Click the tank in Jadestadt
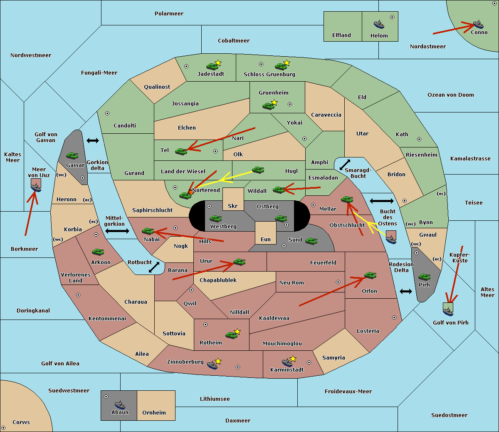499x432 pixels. pos(212,66)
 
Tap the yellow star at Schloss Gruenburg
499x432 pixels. pos(287,63)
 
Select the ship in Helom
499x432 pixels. pos(378,24)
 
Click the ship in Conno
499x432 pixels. pos(478,24)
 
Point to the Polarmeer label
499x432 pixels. pos(169,14)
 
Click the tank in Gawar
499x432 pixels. pos(72,155)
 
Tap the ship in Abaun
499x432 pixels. pos(120,405)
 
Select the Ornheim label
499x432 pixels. pos(154,413)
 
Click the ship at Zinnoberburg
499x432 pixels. pos(212,365)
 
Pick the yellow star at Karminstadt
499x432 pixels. pos(293,358)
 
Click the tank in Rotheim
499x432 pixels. pos(231,335)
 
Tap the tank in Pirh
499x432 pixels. pos(424,277)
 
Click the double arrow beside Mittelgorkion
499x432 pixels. pos(117,231)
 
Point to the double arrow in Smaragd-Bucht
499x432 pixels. pos(345,165)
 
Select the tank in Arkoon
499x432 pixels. pos(98,252)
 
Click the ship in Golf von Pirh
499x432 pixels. pos(448,310)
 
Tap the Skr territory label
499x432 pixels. pos(233,206)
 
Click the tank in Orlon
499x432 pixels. pos(370,275)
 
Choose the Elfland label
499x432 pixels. pos(341,35)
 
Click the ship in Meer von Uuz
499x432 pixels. pos(36,187)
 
